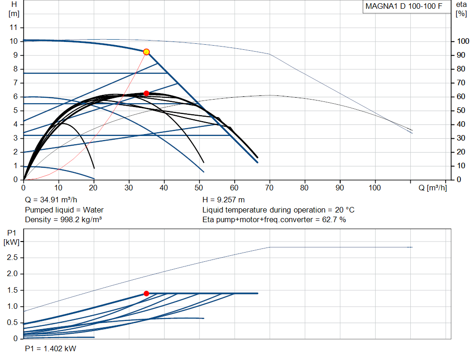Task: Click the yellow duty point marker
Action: pos(146,52)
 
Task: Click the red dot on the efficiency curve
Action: pos(146,93)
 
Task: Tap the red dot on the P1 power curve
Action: pos(146,294)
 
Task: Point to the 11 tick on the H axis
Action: pos(13,27)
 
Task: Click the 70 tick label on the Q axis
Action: pos(269,188)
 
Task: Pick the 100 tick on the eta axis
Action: pos(463,41)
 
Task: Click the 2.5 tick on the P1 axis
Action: pos(12,258)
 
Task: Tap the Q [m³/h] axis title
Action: pos(432,188)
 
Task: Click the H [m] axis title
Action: pos(14,9)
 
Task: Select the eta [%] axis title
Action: pos(461,9)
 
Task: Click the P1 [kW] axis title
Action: pos(12,237)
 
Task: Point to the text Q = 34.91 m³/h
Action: pos(51,200)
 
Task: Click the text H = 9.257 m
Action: pos(224,200)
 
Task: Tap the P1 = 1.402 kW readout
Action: pos(51,348)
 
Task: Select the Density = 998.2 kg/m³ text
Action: pos(63,220)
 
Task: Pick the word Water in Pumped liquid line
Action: pos(93,210)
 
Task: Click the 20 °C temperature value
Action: pos(345,210)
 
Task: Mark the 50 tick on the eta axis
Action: pos(461,111)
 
